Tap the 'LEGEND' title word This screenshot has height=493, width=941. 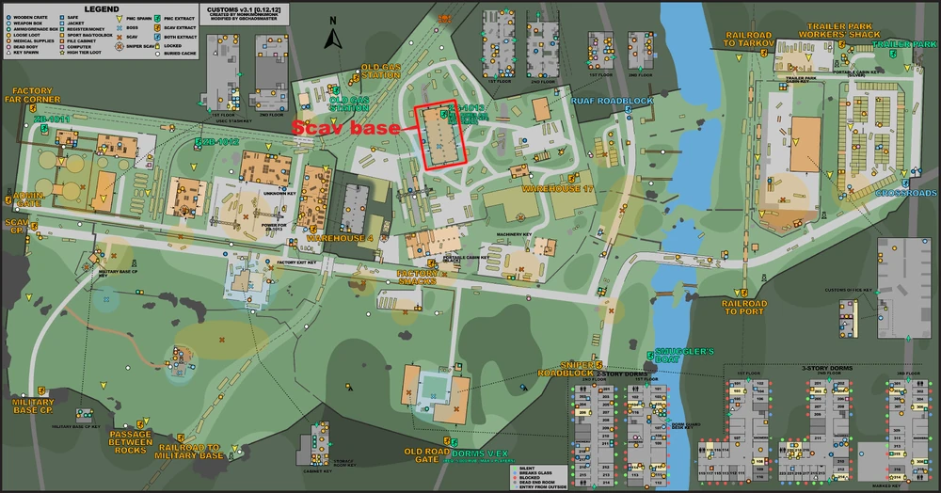coord(101,8)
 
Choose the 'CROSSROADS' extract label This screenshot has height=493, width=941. coord(906,193)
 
